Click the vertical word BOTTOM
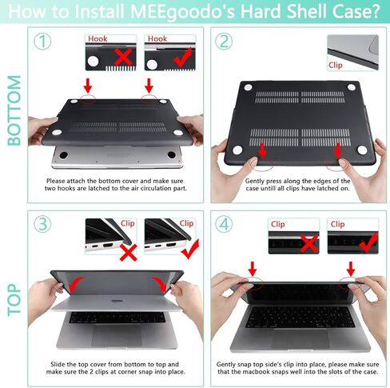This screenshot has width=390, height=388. tap(14, 110)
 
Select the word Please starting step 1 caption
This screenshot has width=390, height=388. tap(60, 182)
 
